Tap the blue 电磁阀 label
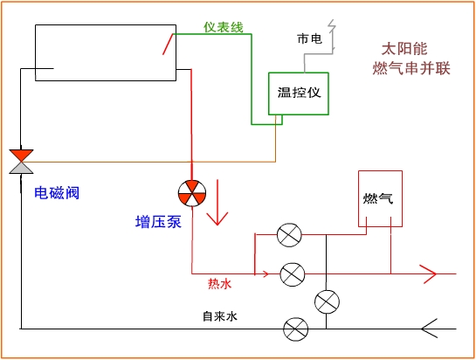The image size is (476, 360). coord(57,193)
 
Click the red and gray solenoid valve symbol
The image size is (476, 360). coord(21,162)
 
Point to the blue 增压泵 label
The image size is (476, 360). coord(158,222)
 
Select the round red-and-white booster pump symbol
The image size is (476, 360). coord(192,193)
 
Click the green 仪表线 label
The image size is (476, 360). coord(224,27)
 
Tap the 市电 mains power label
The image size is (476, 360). coord(309,39)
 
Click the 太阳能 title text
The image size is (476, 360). coord(404,49)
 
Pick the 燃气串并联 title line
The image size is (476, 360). coord(411,68)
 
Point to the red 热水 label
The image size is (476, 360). coord(219,284)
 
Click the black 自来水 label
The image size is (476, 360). coord(220,316)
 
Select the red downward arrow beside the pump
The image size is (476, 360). coord(217,203)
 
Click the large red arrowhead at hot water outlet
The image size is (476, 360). coord(428,274)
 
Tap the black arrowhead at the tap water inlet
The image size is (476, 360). coord(430,329)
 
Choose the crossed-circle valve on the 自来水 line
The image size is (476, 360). coord(296,329)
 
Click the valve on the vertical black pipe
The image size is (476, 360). coord(327,302)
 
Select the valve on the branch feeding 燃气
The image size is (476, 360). coord(289,235)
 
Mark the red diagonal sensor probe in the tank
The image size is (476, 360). coord(168,45)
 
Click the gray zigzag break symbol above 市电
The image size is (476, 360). coord(333,37)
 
